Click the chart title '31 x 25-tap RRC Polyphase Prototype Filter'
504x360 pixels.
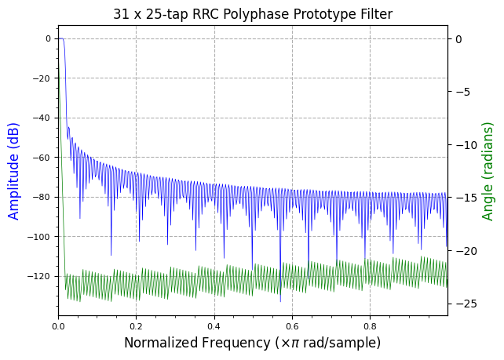252,14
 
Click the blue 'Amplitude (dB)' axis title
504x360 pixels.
14,171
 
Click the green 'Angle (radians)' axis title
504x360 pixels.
488,171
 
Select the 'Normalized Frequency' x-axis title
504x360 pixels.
252,343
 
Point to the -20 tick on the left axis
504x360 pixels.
42,78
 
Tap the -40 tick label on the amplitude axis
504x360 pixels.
42,118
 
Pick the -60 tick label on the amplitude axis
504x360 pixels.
42,158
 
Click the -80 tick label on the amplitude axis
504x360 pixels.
42,197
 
